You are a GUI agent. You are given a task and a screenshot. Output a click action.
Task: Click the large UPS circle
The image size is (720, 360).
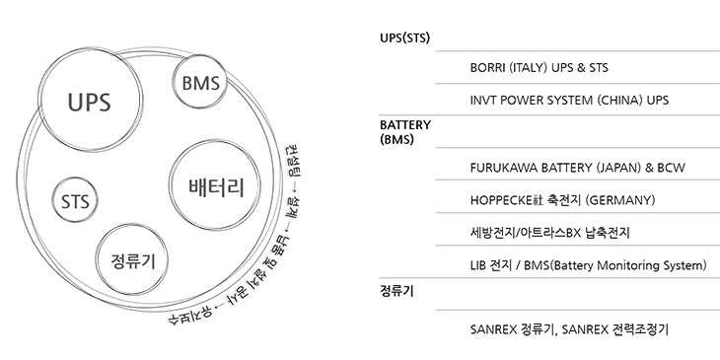tap(88, 100)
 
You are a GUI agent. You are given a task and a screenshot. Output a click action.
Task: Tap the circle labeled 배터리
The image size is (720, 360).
tap(215, 185)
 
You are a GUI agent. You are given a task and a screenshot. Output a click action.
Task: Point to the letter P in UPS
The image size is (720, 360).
tap(88, 101)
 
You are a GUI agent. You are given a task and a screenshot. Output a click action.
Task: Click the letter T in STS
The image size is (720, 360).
tap(76, 203)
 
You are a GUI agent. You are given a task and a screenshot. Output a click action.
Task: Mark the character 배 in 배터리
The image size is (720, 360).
tap(195, 185)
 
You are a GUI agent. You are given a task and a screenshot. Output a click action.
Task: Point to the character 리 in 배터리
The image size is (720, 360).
tap(236, 185)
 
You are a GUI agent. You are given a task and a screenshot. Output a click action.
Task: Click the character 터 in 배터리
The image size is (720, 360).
tap(216, 185)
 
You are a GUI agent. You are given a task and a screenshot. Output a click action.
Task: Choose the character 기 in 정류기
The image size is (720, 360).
tap(149, 261)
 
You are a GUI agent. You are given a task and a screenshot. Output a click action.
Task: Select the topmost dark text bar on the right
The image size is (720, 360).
tap(538, 68)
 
